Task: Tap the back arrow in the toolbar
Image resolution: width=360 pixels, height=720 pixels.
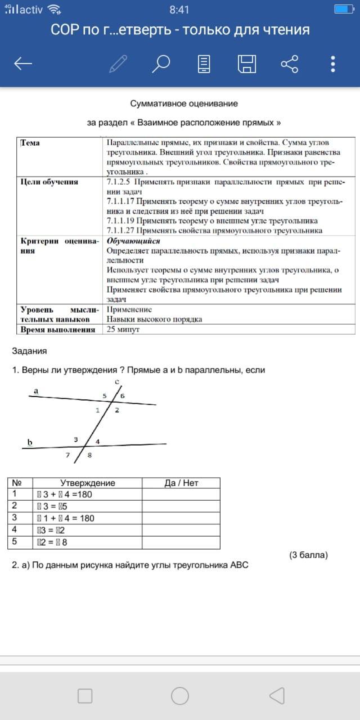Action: click(23, 64)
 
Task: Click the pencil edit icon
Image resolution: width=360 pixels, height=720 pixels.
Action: click(118, 64)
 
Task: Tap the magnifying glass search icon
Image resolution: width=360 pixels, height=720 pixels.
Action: click(161, 64)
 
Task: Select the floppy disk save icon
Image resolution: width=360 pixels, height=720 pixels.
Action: click(247, 64)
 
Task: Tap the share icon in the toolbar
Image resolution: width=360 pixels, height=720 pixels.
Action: click(290, 64)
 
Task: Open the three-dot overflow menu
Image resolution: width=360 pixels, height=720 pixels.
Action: click(333, 64)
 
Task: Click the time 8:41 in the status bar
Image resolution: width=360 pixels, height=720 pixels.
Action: click(179, 10)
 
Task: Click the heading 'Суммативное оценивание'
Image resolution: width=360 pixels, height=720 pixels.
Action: click(184, 103)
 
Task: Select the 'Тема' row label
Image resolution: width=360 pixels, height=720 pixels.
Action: click(30, 143)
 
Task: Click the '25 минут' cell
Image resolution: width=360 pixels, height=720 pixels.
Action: click(123, 330)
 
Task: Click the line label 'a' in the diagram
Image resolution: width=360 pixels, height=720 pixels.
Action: click(35, 390)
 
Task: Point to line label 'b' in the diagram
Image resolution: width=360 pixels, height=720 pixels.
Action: click(30, 442)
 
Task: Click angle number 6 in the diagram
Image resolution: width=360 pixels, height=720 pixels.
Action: click(123, 397)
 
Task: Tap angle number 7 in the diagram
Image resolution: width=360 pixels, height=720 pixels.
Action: click(68, 455)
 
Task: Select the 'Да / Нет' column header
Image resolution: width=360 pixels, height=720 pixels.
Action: click(181, 483)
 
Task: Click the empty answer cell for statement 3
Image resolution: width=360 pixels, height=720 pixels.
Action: click(181, 518)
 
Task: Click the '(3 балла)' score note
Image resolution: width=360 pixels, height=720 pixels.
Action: click(308, 555)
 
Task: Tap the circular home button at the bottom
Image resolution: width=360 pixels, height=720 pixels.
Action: click(180, 696)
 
